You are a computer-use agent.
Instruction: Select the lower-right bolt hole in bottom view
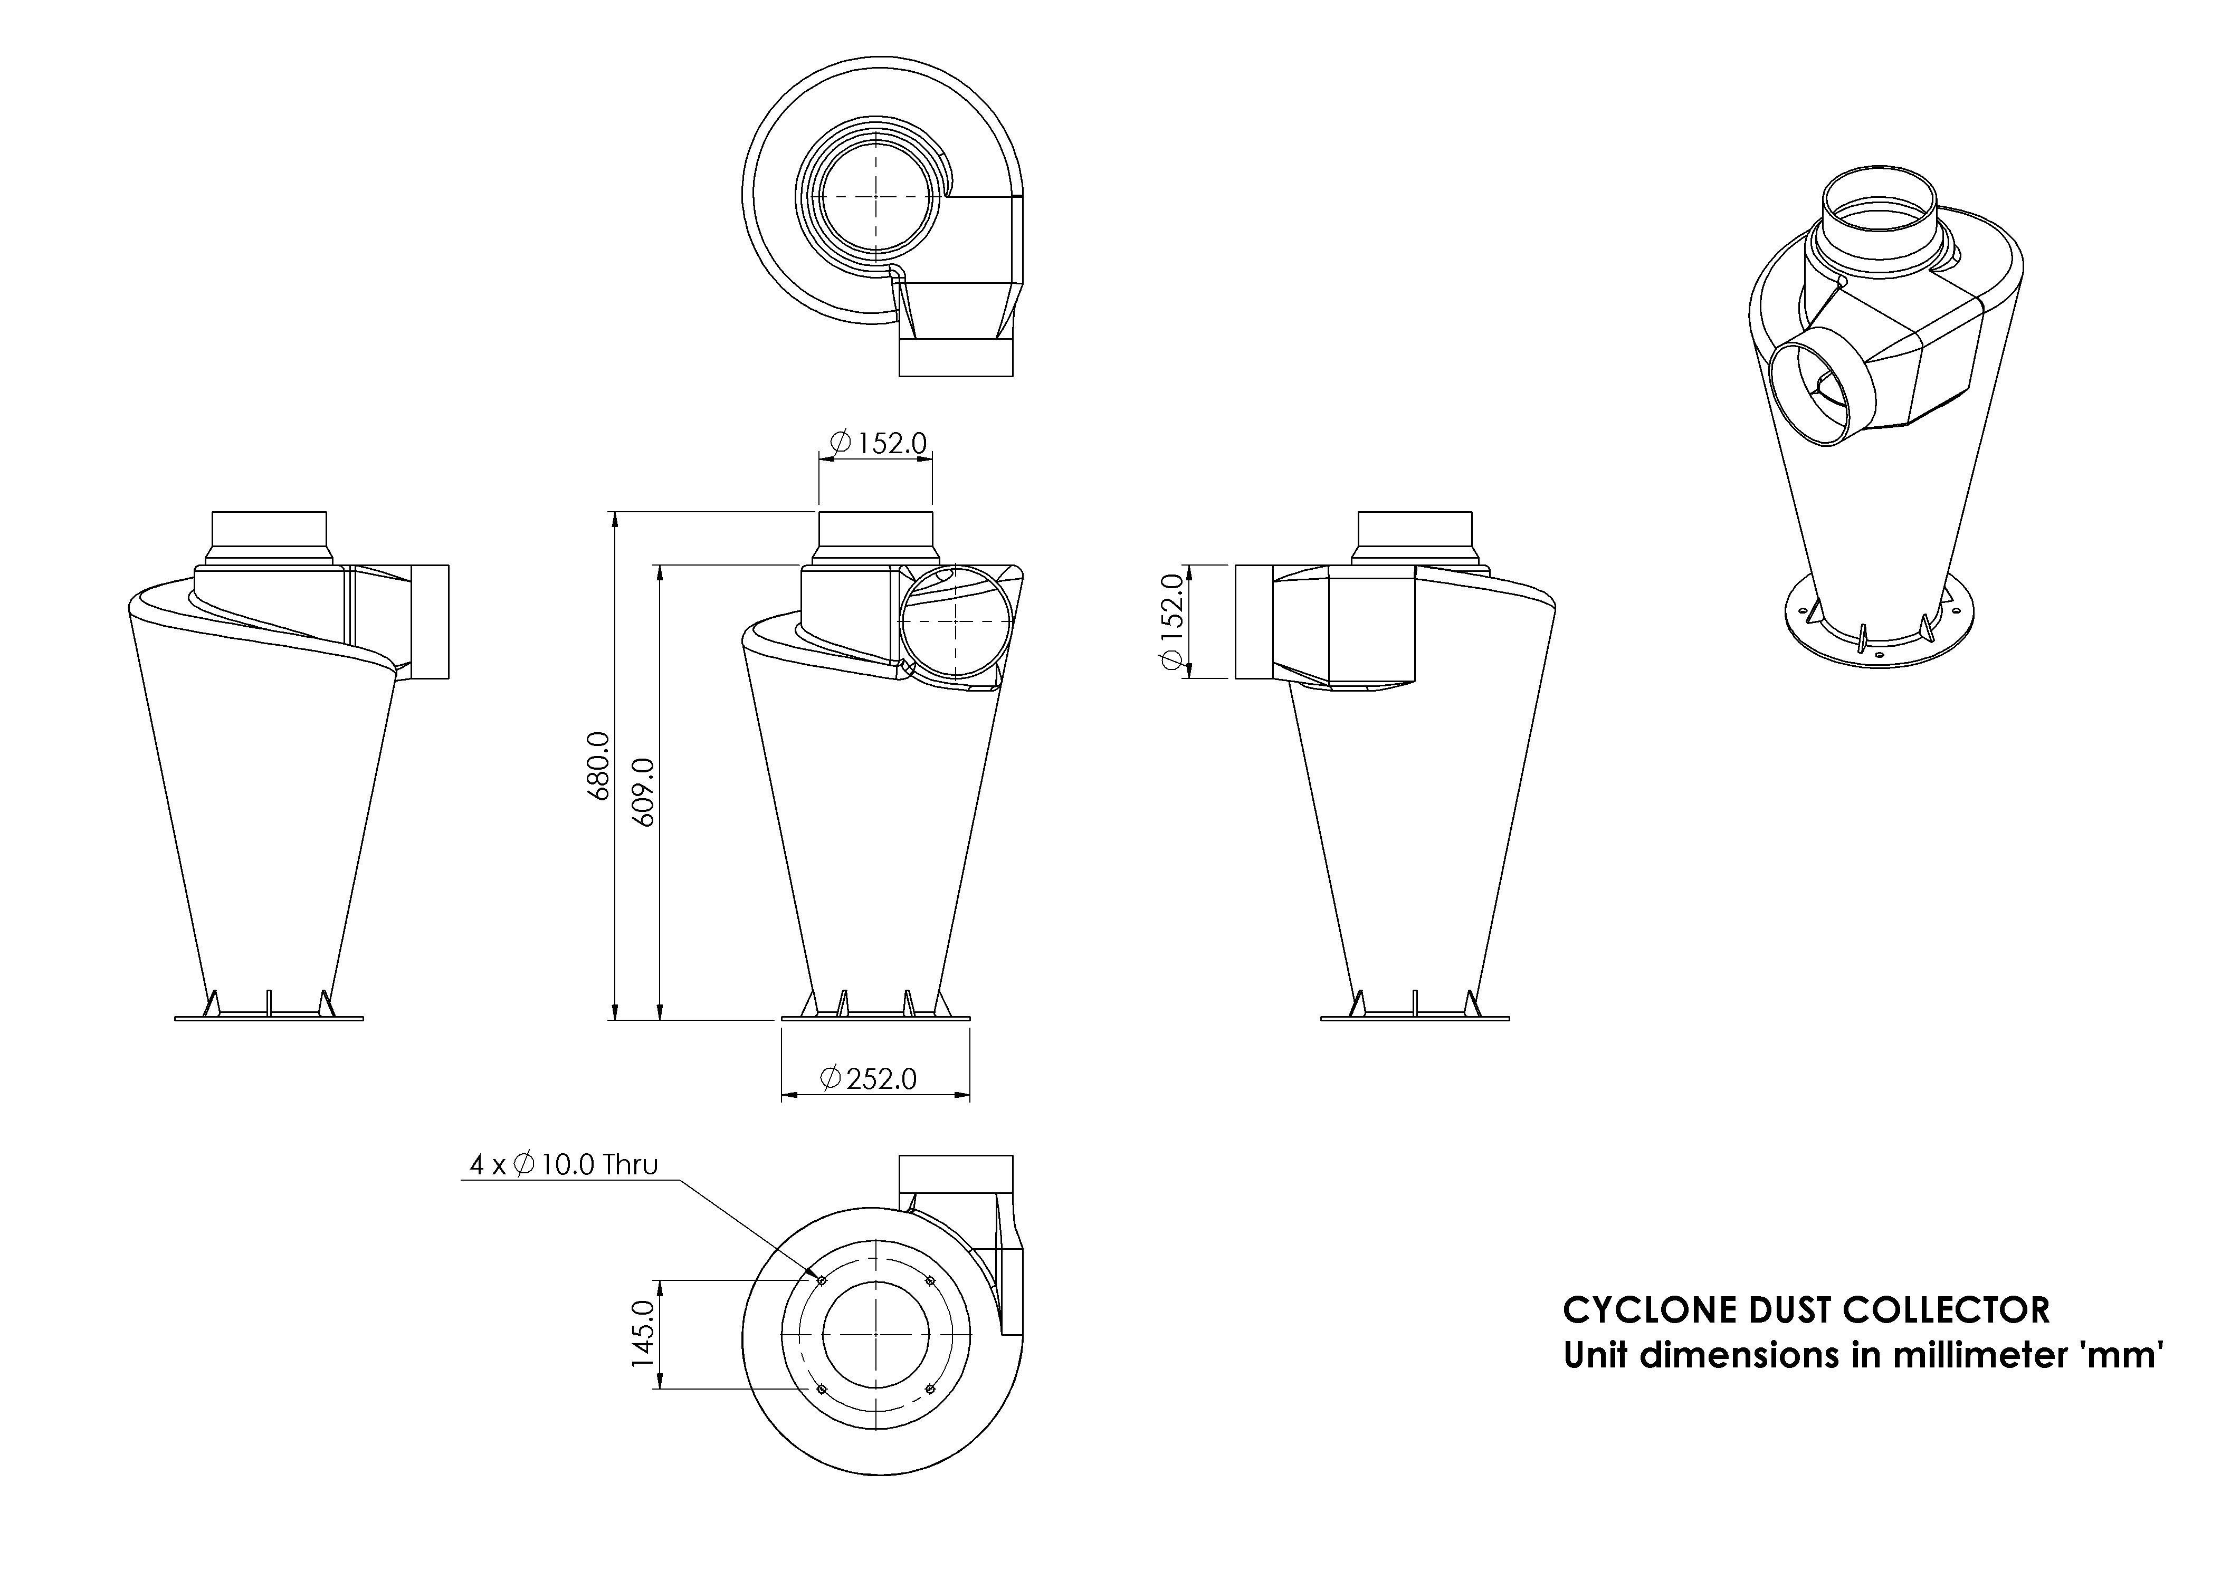931,1389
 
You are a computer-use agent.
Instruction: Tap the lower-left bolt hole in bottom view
821,1389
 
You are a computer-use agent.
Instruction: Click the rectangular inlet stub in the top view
956,358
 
